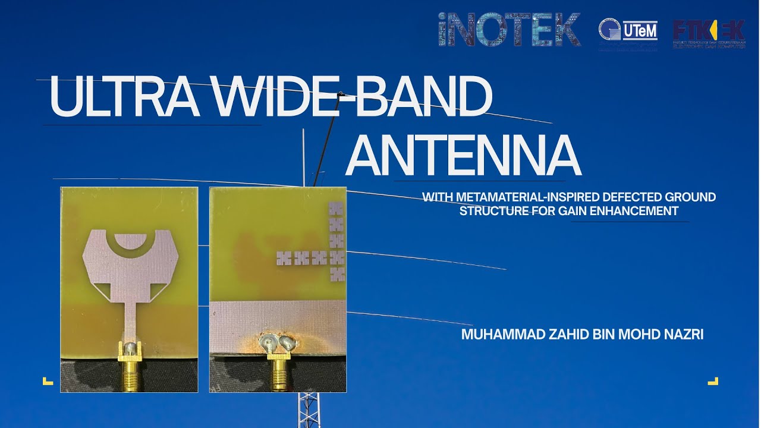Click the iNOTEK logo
coord(509,30)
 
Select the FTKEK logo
coord(709,33)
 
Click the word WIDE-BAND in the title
coord(351,97)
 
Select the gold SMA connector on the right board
coord(278,372)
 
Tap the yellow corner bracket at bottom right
coord(713,381)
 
